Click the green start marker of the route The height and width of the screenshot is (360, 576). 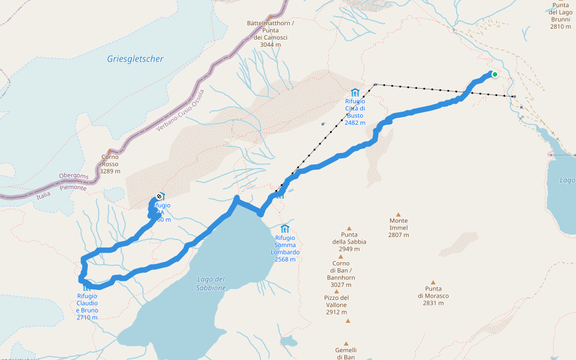click(495, 74)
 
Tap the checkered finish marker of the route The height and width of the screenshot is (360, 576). click(159, 196)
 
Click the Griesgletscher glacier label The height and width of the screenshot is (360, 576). click(135, 59)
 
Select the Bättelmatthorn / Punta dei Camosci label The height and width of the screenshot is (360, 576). click(270, 30)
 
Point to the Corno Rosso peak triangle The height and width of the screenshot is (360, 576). click(110, 151)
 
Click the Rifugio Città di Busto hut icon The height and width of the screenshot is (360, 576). click(355, 92)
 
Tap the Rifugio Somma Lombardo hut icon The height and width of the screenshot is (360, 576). click(285, 229)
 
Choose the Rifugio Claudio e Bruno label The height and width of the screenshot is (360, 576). click(87, 303)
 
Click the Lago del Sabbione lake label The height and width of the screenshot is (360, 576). click(211, 283)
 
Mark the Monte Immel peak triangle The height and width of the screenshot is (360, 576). click(398, 214)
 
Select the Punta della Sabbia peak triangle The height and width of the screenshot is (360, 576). click(349, 228)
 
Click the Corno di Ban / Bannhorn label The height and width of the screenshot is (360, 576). click(341, 271)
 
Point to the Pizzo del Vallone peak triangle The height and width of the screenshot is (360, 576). click(337, 292)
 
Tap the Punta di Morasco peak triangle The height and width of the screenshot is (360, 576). click(433, 282)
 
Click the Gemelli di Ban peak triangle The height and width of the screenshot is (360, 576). click(347, 320)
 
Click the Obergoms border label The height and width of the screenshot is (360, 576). click(74, 176)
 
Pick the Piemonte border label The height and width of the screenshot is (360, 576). click(73, 188)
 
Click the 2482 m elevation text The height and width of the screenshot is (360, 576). click(355, 122)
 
